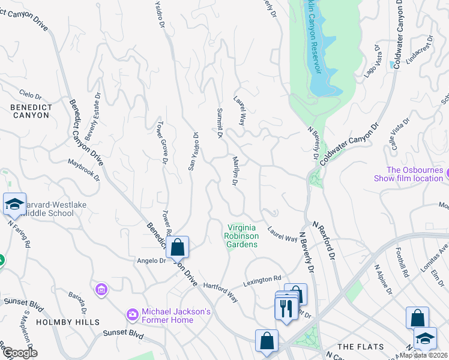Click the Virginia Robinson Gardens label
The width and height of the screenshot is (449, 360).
[243, 236]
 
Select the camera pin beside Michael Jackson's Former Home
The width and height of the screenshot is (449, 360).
[131, 314]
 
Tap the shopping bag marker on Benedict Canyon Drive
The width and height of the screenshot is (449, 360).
[178, 247]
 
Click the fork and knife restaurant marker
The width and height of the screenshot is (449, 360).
[285, 308]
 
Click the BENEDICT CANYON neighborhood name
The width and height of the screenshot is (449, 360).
[30, 110]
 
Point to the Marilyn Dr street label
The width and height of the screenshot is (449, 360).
[235, 171]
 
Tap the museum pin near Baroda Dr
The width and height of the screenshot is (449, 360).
[101, 290]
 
